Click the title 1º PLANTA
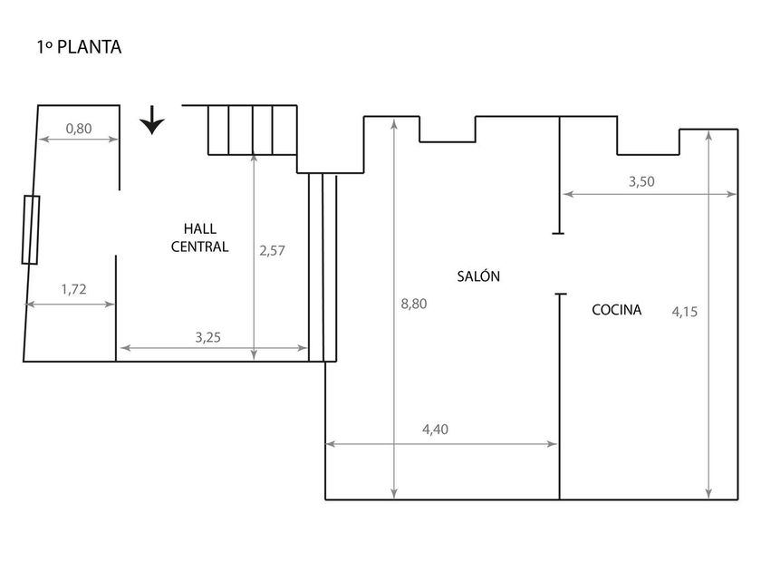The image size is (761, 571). (x=79, y=47)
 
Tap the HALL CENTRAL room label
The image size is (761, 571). (x=199, y=237)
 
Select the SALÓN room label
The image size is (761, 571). (x=478, y=276)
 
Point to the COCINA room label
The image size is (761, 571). (x=616, y=309)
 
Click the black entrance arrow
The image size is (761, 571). (x=152, y=120)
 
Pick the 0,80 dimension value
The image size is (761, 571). (x=79, y=129)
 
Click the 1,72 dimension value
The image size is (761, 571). (x=73, y=289)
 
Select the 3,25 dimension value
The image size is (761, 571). (x=207, y=337)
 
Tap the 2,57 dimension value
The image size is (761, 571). (x=272, y=250)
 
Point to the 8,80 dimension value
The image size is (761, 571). (x=414, y=304)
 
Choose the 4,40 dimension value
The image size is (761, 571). (x=436, y=430)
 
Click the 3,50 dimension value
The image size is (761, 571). (x=641, y=181)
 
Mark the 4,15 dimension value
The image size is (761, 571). (x=684, y=312)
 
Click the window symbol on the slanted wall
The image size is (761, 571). (x=31, y=229)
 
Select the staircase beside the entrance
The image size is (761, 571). (x=253, y=131)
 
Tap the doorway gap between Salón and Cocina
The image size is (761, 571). (x=560, y=264)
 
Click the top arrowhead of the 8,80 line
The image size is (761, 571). (x=394, y=124)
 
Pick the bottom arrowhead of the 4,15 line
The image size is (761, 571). (x=709, y=493)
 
